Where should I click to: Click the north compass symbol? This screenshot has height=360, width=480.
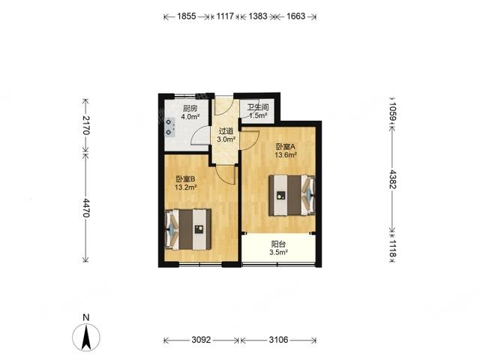(87, 334)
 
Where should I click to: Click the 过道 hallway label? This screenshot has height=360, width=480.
(226, 130)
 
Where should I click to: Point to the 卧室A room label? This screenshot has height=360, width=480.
(286, 146)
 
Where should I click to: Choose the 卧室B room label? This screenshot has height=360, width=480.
(186, 178)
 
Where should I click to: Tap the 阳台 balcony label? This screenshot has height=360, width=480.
(279, 244)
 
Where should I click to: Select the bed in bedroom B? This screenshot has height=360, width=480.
(188, 228)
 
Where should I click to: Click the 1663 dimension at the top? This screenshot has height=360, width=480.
(294, 16)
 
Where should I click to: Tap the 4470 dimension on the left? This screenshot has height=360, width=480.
(86, 207)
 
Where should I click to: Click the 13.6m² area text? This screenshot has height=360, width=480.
(286, 155)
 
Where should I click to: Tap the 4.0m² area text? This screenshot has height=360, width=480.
(191, 116)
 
